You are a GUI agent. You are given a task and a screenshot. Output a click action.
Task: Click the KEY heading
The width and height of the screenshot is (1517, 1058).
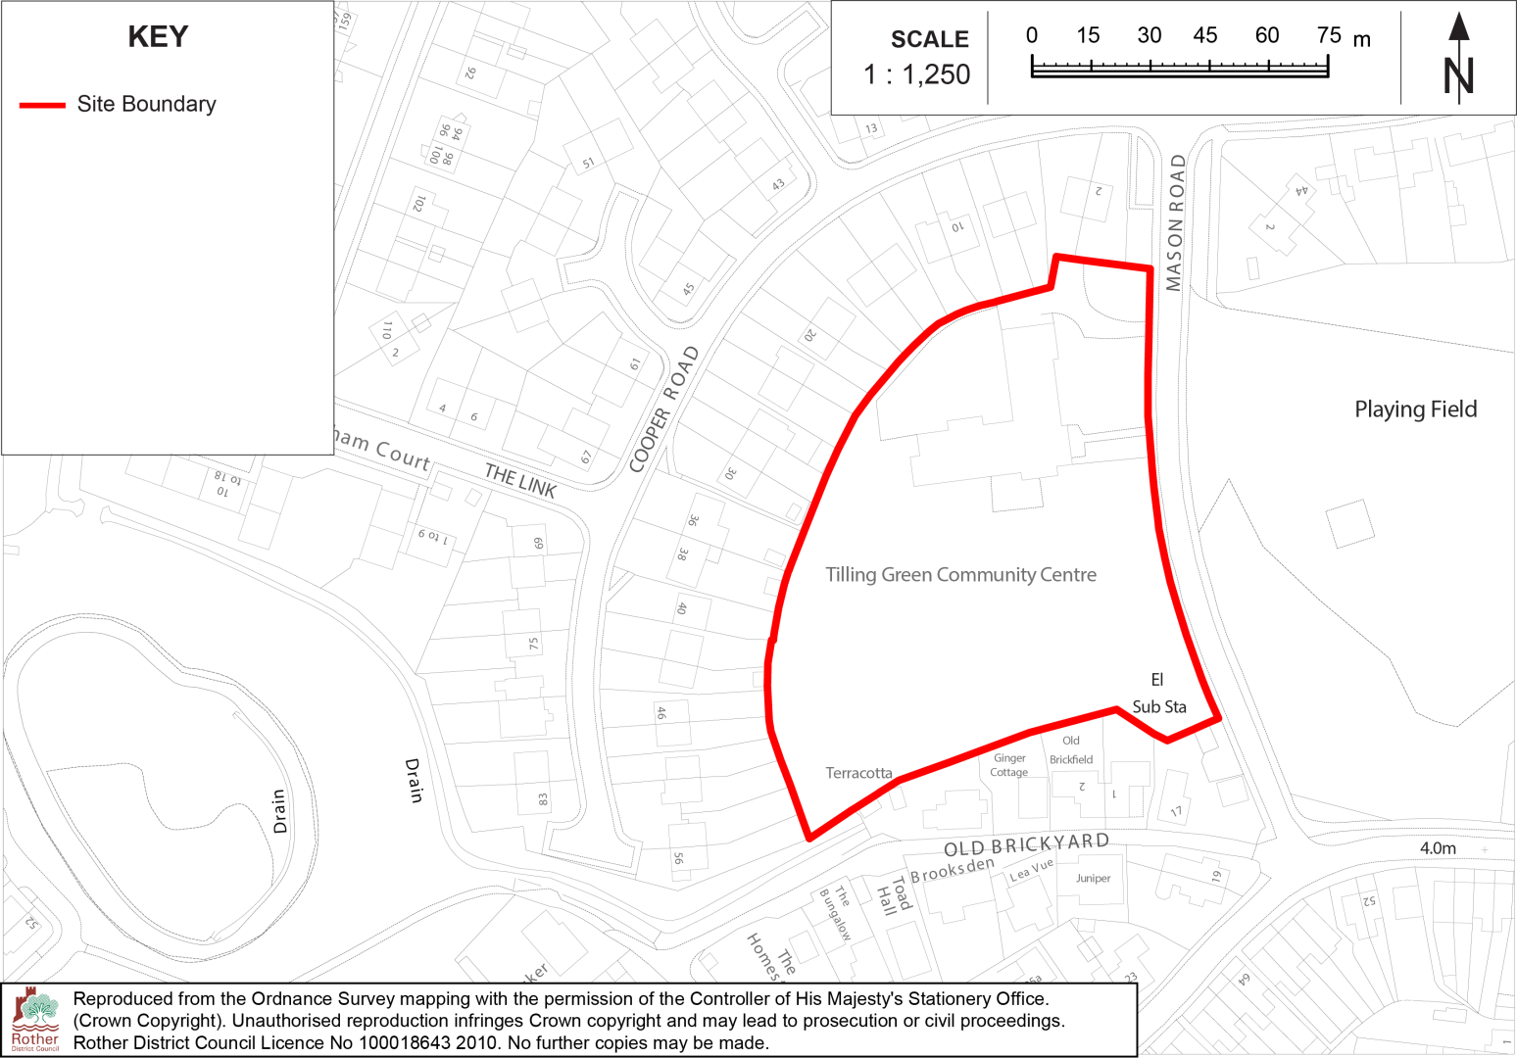(x=158, y=37)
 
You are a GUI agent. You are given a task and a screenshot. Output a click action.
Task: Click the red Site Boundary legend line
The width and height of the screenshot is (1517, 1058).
(x=42, y=105)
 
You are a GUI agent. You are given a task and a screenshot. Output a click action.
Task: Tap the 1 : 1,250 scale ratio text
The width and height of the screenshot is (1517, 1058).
(x=916, y=74)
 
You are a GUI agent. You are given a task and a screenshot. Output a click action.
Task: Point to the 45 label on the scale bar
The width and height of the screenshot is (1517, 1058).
(x=1205, y=35)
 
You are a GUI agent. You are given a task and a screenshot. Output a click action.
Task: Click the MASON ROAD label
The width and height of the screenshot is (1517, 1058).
(x=1175, y=222)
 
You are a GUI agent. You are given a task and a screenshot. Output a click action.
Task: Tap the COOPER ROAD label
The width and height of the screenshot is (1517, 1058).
(x=664, y=409)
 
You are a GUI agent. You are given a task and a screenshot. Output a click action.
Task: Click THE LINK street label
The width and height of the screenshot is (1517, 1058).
(x=520, y=480)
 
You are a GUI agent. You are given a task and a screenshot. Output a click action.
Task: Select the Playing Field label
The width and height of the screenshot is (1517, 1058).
(x=1415, y=409)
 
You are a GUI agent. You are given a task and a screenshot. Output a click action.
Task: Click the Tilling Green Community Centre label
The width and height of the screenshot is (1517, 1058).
(x=960, y=575)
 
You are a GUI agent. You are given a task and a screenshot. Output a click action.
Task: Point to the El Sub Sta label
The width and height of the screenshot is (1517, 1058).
(x=1158, y=694)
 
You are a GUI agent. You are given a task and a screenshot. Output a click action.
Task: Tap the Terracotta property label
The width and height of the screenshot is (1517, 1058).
(x=858, y=773)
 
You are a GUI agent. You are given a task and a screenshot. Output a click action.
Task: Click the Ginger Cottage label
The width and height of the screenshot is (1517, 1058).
(x=1009, y=765)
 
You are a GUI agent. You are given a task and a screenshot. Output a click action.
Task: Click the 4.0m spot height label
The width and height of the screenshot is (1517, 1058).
(x=1438, y=848)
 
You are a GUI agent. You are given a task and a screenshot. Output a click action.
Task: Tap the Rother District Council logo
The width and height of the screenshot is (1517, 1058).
(x=35, y=1020)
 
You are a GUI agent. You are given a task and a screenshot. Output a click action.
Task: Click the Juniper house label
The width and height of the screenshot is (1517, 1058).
(x=1093, y=878)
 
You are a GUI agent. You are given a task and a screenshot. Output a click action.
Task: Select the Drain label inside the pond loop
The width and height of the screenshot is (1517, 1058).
(x=279, y=811)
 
